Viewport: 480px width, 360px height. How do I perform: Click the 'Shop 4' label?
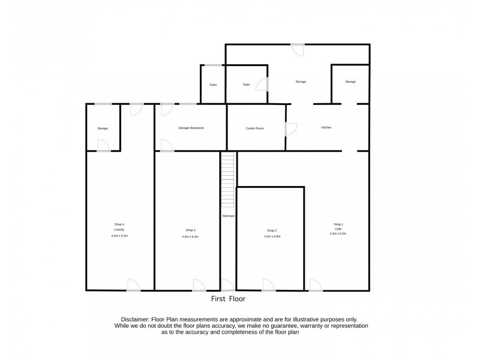click(118, 224)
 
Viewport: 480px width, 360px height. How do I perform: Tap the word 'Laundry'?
click(118, 230)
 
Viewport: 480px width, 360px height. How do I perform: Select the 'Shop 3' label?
click(190, 230)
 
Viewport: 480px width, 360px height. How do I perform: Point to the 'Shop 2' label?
click(272, 230)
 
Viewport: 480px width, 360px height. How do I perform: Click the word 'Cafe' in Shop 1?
click(338, 229)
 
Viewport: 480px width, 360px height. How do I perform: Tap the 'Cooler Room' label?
click(255, 128)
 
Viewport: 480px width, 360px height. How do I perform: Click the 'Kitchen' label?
click(326, 128)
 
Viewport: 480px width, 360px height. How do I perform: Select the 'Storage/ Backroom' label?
click(191, 128)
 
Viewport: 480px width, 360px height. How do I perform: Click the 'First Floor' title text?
click(228, 298)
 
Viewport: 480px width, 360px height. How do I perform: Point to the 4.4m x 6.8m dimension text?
click(272, 236)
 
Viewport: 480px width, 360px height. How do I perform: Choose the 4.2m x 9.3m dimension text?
click(338, 233)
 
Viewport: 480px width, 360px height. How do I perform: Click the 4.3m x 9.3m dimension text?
click(190, 237)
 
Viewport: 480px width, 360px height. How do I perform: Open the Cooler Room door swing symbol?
click(291, 128)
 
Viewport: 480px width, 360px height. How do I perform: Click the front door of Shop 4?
click(133, 286)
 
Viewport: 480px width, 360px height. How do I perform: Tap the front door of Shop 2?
click(268, 286)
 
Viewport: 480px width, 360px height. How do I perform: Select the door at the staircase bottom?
click(227, 286)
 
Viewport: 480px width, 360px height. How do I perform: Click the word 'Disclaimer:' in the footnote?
click(128, 320)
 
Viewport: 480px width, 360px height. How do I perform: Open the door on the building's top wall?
click(297, 50)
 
